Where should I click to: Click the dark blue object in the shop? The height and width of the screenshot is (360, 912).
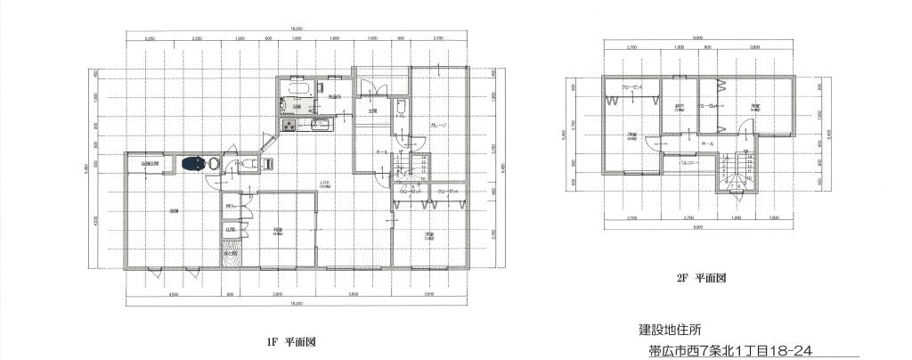pyautogui.click(x=191, y=163)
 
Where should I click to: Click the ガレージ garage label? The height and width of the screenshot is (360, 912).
pyautogui.click(x=437, y=125)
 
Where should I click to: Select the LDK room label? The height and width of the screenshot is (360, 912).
pyautogui.click(x=325, y=185)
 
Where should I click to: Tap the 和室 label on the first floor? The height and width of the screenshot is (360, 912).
pyautogui.click(x=279, y=231)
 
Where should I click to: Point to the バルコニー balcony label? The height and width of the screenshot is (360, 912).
pyautogui.click(x=688, y=164)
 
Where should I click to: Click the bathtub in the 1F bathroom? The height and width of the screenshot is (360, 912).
pyautogui.click(x=297, y=89)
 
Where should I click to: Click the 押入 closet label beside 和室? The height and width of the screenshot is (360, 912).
pyautogui.click(x=230, y=208)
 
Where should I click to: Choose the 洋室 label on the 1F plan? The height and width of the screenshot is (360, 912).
pyautogui.click(x=428, y=235)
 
